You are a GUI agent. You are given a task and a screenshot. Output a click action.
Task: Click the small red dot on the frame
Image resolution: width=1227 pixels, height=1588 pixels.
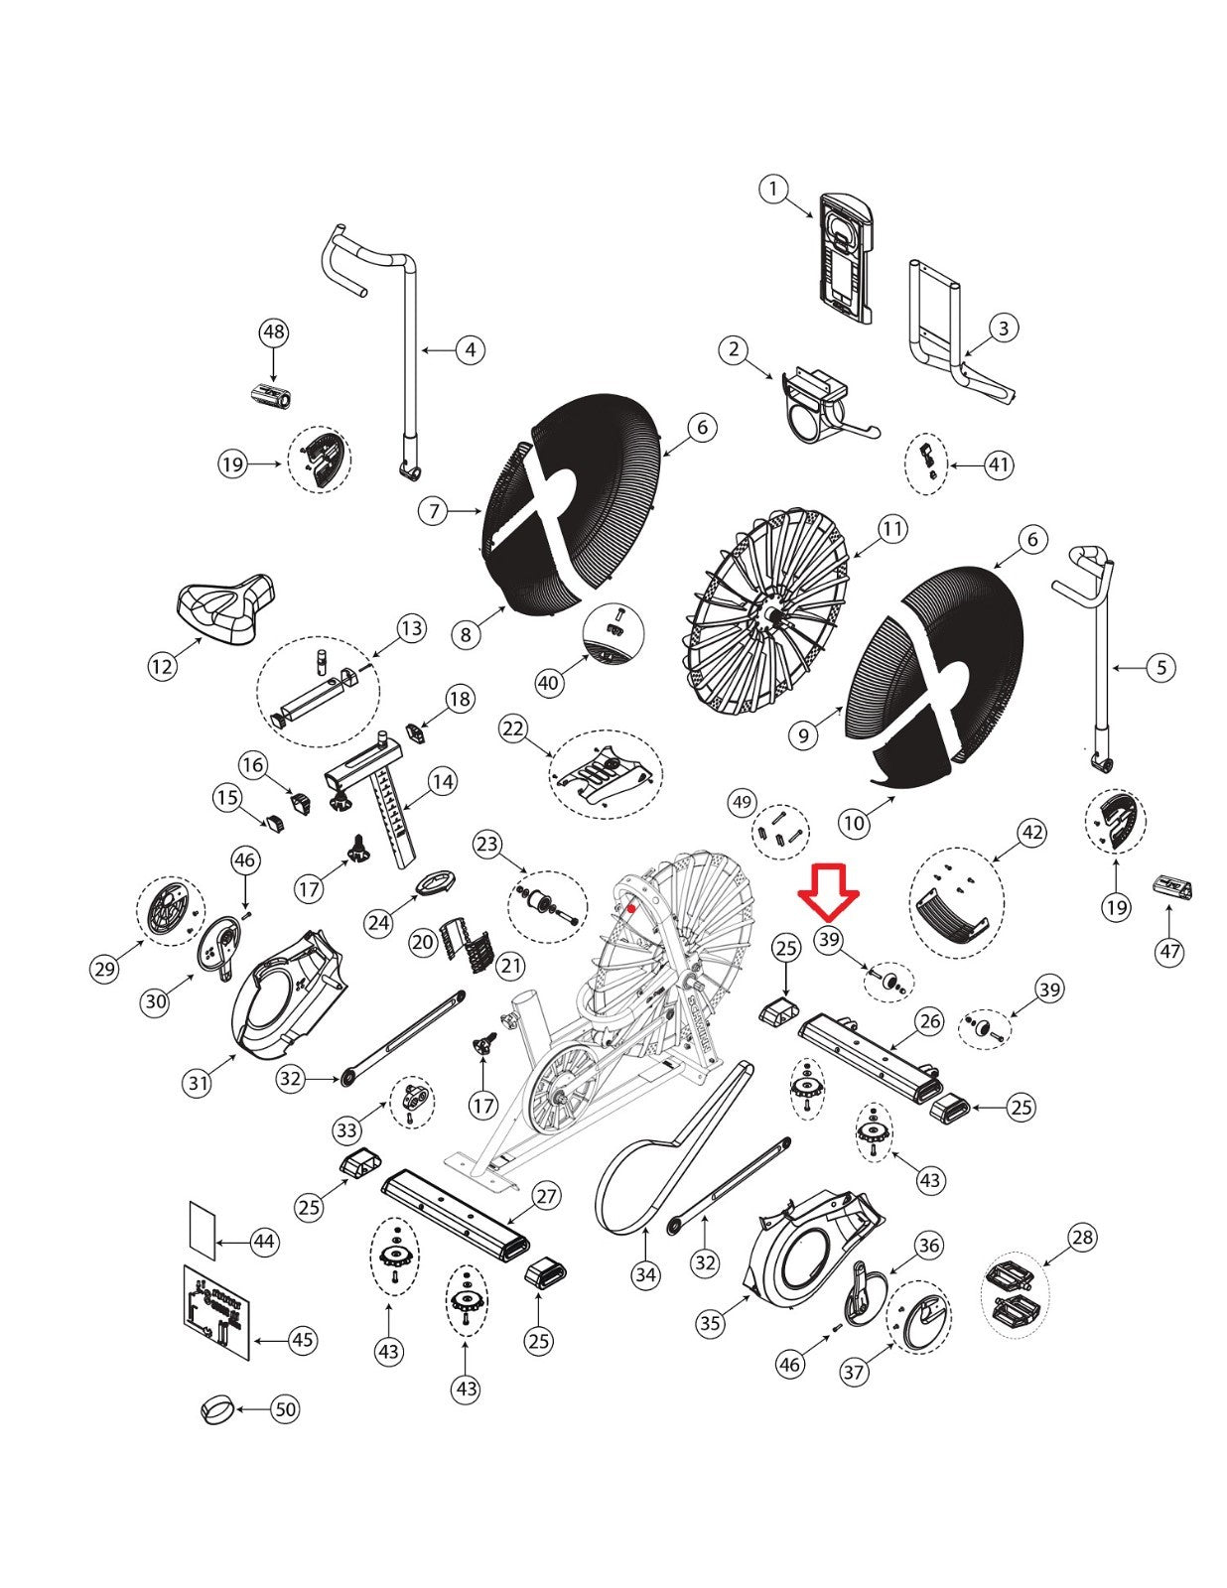(x=631, y=908)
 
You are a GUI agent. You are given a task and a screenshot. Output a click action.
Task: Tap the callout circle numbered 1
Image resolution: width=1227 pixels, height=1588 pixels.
(x=773, y=190)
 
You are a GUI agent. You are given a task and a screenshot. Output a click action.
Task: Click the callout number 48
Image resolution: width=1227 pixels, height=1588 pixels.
(x=273, y=332)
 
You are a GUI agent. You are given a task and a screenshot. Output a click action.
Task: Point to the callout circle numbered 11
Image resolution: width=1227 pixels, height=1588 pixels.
(x=891, y=528)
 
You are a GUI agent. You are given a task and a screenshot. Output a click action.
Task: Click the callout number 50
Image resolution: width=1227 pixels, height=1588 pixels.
(x=286, y=1408)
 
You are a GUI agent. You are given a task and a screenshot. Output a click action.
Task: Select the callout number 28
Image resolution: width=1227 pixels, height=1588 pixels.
(x=1082, y=1237)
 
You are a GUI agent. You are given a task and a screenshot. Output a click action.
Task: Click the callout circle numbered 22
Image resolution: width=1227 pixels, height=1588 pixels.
(x=514, y=728)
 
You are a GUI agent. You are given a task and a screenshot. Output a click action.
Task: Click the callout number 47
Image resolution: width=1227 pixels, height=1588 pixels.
(x=1170, y=952)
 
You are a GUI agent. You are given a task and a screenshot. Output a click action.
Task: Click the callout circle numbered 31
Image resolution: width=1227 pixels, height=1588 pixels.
(x=198, y=1082)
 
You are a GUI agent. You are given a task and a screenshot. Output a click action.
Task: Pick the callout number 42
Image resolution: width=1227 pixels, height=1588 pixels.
(x=1031, y=833)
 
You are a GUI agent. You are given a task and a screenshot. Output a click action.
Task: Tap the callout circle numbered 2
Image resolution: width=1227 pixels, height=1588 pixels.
(x=734, y=349)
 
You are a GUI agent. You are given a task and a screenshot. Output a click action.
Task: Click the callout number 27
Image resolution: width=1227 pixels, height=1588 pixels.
(x=547, y=1197)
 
